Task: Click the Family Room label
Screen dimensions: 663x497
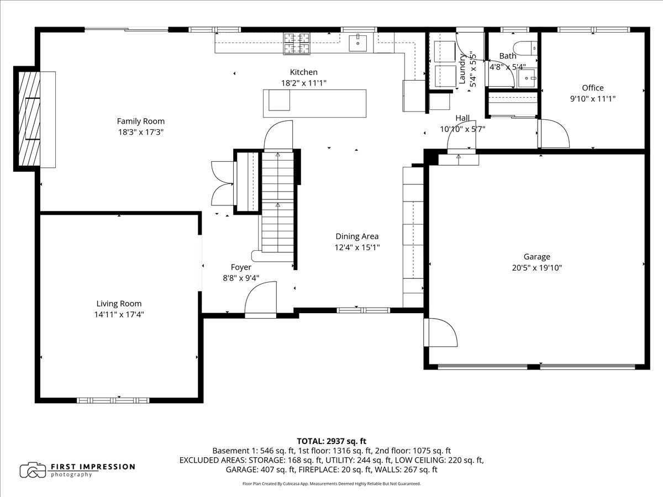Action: (x=141, y=121)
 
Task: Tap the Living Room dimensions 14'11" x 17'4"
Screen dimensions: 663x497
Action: (x=119, y=315)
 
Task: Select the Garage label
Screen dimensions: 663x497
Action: (x=536, y=257)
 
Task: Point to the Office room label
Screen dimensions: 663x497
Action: (x=593, y=88)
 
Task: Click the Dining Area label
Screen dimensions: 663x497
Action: (x=357, y=236)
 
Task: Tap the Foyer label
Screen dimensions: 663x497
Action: (x=241, y=267)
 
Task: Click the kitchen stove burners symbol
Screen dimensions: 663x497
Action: (x=297, y=44)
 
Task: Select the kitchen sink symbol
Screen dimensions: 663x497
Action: (x=357, y=43)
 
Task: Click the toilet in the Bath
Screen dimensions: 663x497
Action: (x=525, y=49)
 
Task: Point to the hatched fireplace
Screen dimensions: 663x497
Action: (x=29, y=119)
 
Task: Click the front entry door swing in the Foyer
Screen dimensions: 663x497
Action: (x=260, y=297)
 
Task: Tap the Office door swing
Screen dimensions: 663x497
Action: (x=554, y=134)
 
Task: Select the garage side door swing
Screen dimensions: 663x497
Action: (x=441, y=332)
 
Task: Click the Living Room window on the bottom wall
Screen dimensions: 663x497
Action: (x=113, y=400)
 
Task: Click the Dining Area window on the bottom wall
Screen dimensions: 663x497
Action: (x=364, y=310)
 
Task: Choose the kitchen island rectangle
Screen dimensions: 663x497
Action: (x=314, y=103)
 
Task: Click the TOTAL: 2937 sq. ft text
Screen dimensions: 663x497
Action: (x=331, y=441)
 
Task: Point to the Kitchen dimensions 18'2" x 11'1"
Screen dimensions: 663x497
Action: (x=303, y=83)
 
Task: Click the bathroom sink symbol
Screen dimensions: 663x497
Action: (x=527, y=78)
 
